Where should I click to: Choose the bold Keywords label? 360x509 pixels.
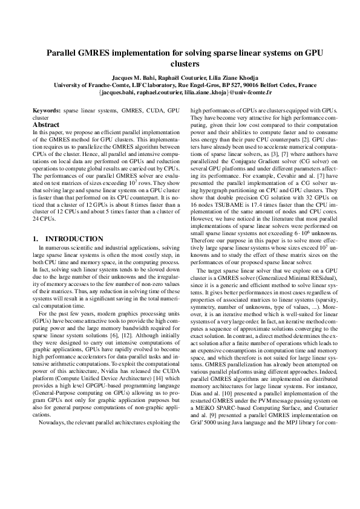click(45, 111)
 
